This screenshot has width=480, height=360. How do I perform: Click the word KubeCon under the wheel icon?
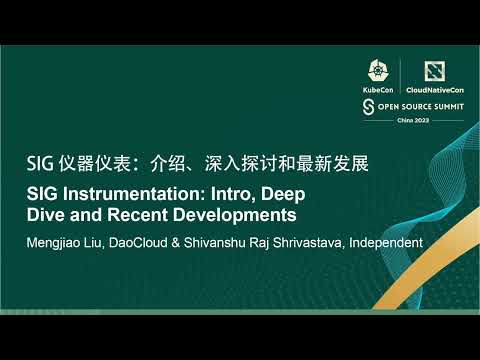378,90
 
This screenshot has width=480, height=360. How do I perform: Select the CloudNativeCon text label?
433,90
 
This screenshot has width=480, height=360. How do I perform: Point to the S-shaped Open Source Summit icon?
368,104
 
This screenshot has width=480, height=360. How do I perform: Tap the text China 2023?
405,118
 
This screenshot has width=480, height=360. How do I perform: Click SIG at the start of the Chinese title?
39,162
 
